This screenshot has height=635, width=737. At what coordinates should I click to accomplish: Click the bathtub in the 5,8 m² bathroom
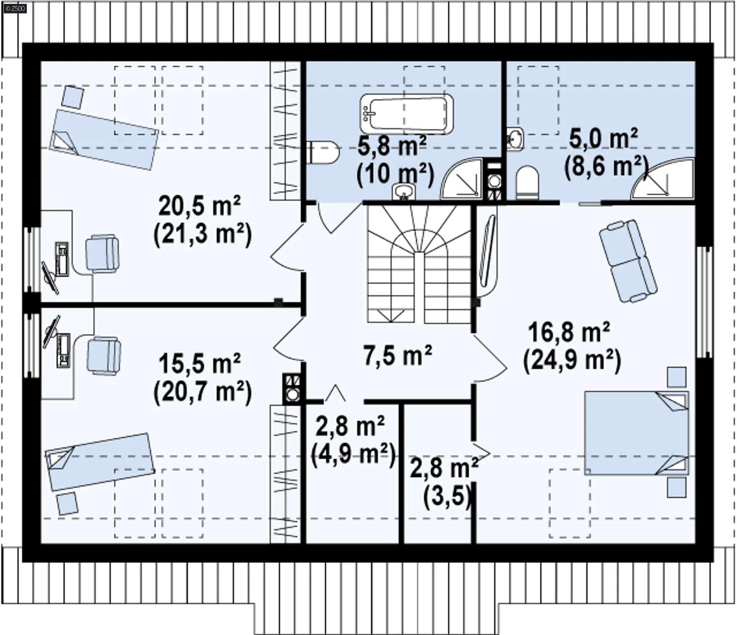point(407,114)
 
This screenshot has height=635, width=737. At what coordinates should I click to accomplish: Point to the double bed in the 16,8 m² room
point(636,433)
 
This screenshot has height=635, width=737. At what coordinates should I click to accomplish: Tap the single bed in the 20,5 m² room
point(104,139)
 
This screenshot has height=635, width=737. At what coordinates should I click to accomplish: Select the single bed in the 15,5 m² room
point(100,462)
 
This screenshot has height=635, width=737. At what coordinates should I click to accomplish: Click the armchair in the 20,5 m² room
point(102,255)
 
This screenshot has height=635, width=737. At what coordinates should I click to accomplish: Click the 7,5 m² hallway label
point(398,355)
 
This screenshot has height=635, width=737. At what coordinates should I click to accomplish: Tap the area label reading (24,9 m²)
point(572,361)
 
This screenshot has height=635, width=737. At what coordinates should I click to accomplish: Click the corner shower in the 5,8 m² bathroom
point(461,179)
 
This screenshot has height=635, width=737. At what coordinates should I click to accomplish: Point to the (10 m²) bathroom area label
point(395,175)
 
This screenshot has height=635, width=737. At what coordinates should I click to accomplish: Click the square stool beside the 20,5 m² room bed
point(73,97)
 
